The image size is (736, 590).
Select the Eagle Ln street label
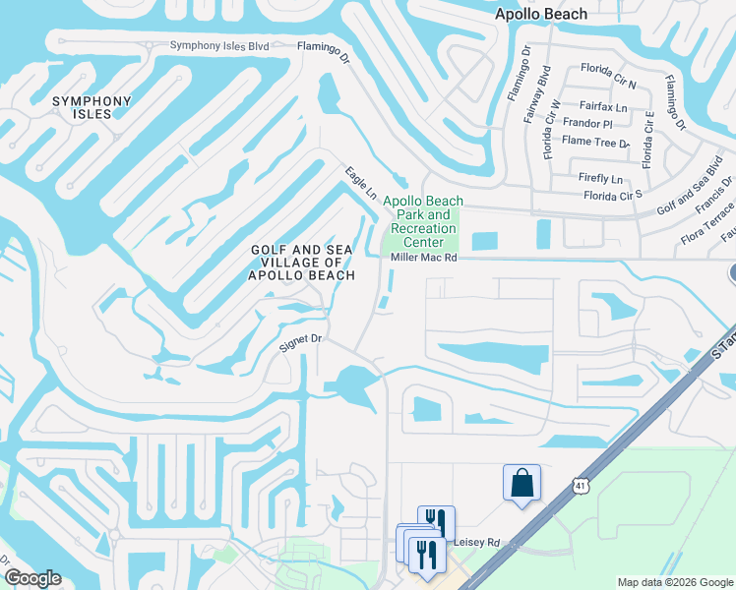pyautogui.click(x=361, y=184)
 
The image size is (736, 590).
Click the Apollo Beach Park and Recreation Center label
pyautogui.click(x=423, y=221)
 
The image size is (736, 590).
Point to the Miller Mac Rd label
pyautogui.click(x=424, y=258)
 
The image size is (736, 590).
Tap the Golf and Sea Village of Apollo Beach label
pyautogui.click(x=302, y=263)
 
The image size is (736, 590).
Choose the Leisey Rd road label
pyautogui.click(x=478, y=542)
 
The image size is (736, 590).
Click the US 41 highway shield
pyautogui.click(x=580, y=485)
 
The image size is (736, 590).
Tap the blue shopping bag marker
pyautogui.click(x=521, y=483)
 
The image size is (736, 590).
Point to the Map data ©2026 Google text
pyautogui.click(x=674, y=582)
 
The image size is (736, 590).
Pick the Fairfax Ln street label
pyautogui.click(x=603, y=106)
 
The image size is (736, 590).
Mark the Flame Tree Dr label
pyautogui.click(x=595, y=142)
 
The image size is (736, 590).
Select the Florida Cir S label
pyautogui.click(x=612, y=195)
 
